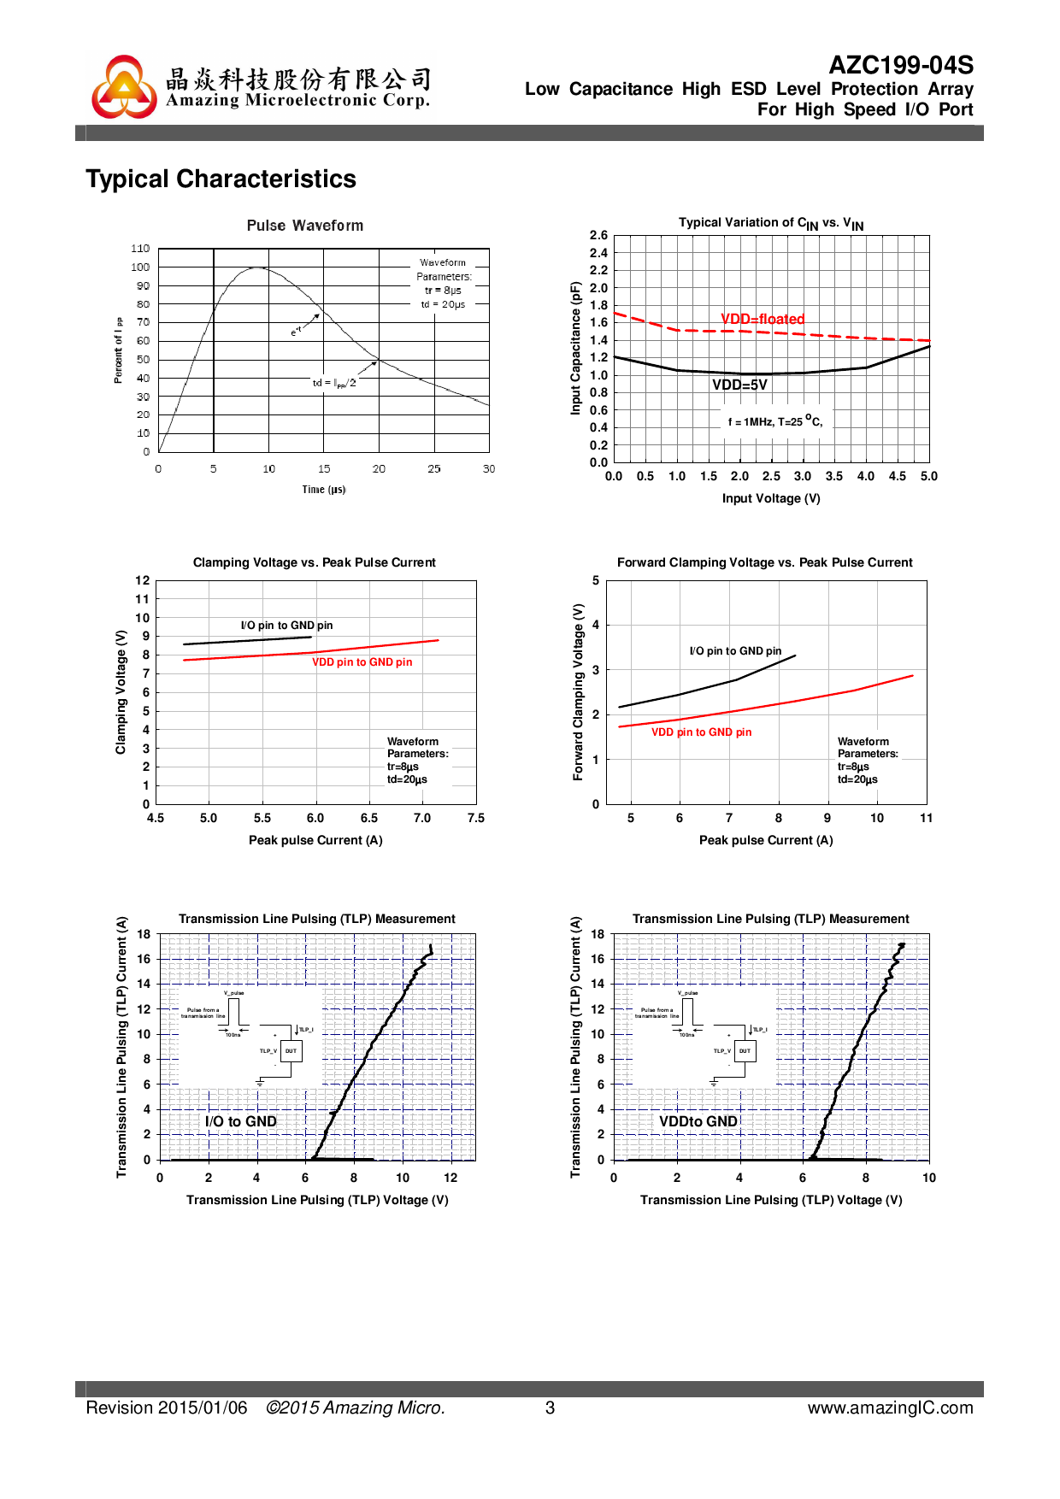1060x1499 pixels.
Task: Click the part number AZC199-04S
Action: pos(901,65)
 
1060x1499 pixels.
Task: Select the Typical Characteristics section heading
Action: pos(221,179)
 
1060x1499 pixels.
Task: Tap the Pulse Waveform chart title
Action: pos(305,226)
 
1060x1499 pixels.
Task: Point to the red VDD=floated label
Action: pos(763,319)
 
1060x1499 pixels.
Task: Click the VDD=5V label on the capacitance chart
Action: pos(739,385)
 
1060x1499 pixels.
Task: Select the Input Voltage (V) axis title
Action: pos(771,498)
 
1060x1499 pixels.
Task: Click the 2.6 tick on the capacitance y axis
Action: pos(598,235)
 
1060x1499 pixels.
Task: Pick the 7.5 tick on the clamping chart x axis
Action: pos(476,818)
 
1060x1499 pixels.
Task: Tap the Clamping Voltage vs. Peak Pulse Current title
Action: pos(314,562)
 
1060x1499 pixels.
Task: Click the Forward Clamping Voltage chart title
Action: pos(764,562)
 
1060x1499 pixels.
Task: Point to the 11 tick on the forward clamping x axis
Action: pos(926,818)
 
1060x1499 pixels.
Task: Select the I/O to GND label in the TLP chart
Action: pos(240,1121)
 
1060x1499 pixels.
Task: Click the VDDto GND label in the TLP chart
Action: pos(698,1121)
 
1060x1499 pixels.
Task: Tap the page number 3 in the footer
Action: pos(550,1408)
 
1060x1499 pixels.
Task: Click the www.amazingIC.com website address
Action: pos(890,1408)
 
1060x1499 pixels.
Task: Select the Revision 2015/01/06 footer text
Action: pos(167,1408)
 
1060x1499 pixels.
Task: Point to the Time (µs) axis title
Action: pos(323,490)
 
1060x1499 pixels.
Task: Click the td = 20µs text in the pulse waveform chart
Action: pos(443,304)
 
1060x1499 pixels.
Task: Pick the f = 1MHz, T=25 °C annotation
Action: pos(774,421)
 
